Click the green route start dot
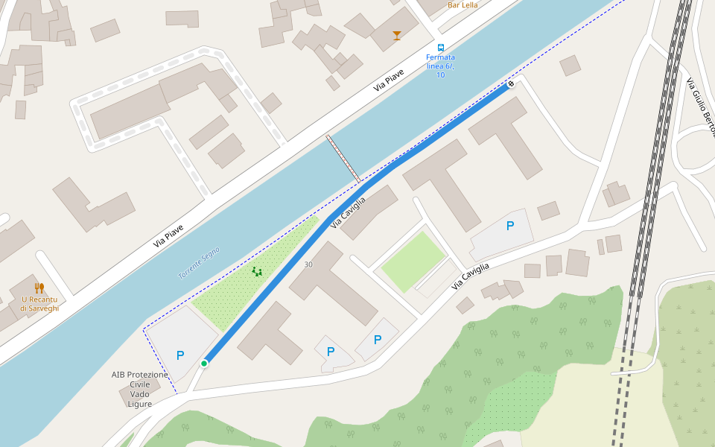pos(204,364)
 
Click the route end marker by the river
pos(511,84)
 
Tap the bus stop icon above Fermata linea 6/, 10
pos(440,47)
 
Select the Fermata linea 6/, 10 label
pos(440,66)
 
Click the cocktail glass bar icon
pos(396,35)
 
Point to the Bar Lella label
pos(463,5)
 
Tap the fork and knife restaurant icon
pos(39,288)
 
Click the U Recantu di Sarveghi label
pos(39,303)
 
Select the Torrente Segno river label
pos(199,263)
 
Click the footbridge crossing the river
pos(343,159)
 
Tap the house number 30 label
pos(308,264)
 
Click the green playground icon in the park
pos(257,272)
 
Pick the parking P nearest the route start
pos(180,355)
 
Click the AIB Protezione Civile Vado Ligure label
pos(140,389)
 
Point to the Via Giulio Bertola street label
pos(700,101)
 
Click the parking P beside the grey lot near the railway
pos(510,226)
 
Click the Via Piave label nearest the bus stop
pos(389,80)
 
